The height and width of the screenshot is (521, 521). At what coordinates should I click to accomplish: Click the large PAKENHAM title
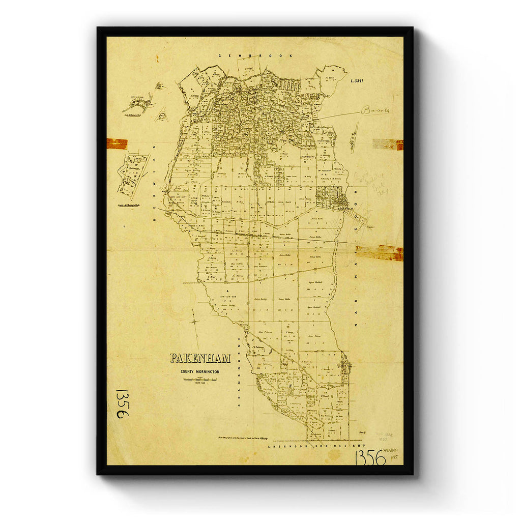click(200, 358)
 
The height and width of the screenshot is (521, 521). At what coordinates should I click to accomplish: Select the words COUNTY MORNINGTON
click(200, 372)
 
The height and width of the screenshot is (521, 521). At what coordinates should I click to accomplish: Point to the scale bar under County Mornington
click(200, 380)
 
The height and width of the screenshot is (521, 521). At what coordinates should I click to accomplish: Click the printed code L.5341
click(359, 81)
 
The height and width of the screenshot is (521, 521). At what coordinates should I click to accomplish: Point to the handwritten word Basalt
click(375, 110)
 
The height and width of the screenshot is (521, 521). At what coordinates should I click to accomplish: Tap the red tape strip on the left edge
click(117, 144)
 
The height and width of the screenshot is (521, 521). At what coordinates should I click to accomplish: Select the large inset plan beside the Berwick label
click(133, 176)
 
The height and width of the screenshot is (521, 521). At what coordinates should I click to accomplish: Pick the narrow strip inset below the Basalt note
click(354, 137)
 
